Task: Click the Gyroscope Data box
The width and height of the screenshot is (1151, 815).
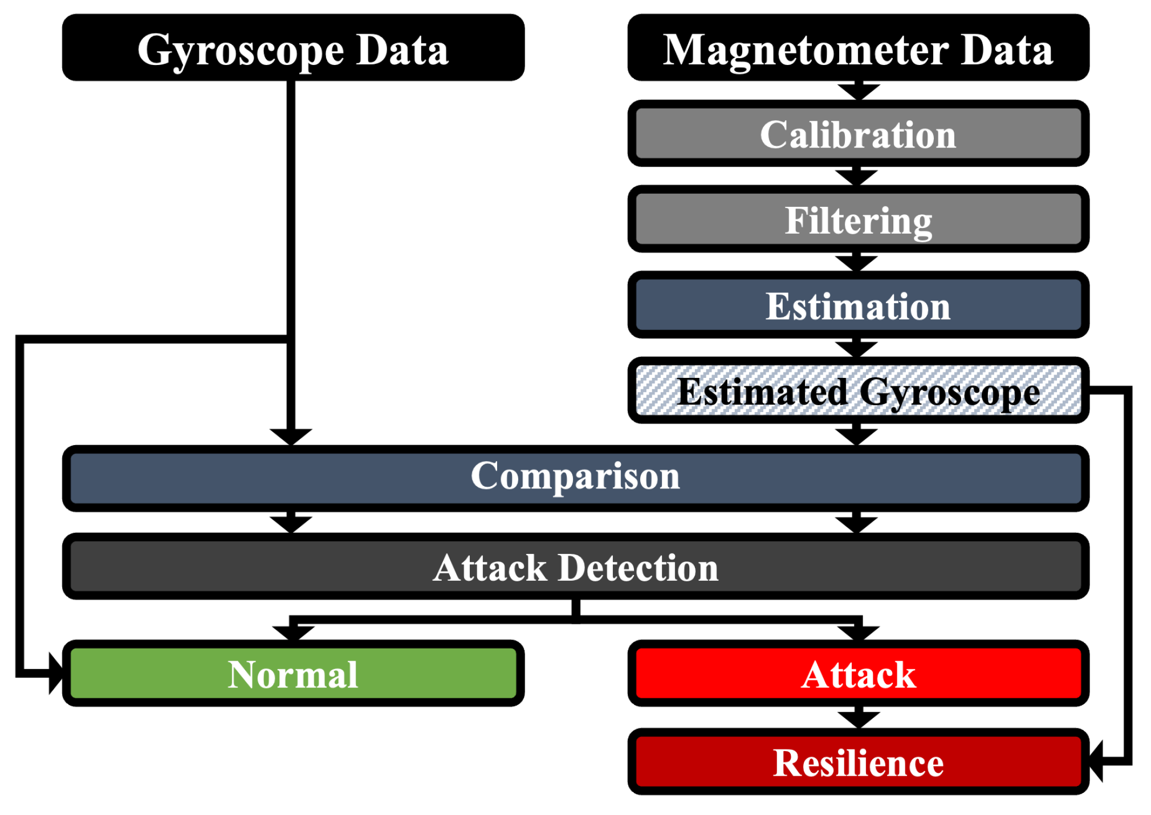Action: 292,48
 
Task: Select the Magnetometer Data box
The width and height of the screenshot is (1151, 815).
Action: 858,48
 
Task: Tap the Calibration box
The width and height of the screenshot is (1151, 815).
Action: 858,135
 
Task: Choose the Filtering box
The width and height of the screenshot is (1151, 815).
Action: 858,220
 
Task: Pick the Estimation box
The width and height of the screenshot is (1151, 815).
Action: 858,306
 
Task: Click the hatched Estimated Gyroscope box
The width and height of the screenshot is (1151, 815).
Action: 858,392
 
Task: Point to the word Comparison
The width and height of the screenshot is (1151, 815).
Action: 575,476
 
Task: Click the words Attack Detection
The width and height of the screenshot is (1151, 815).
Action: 575,568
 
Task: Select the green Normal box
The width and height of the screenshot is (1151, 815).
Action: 292,674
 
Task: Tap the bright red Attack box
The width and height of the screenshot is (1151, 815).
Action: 858,674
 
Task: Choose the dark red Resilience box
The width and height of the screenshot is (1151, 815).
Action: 858,763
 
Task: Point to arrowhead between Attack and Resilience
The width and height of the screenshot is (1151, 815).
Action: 858,719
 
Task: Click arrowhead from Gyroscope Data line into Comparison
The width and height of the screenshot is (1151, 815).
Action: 291,436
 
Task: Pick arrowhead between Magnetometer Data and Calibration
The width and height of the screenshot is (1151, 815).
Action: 858,91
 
